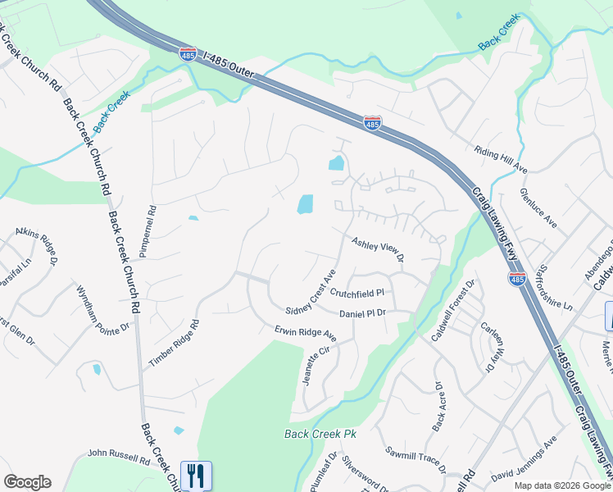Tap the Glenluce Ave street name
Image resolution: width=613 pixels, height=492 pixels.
(537, 209)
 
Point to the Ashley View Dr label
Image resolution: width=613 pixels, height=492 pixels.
(378, 250)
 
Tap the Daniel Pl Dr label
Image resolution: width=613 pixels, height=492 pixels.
(362, 313)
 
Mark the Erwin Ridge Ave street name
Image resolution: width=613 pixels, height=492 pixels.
(306, 335)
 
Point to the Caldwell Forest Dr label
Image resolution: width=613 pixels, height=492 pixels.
(453, 312)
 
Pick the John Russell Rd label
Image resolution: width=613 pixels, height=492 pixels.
(119, 457)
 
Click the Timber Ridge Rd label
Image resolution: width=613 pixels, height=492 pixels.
(174, 343)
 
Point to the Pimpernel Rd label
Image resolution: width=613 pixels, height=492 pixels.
(147, 232)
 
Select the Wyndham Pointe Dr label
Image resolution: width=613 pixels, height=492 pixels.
(103, 308)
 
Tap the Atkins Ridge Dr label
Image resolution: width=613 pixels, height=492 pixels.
(36, 247)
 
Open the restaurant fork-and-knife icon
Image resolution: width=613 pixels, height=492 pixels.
(196, 476)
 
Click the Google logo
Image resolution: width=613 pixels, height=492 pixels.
(28, 482)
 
